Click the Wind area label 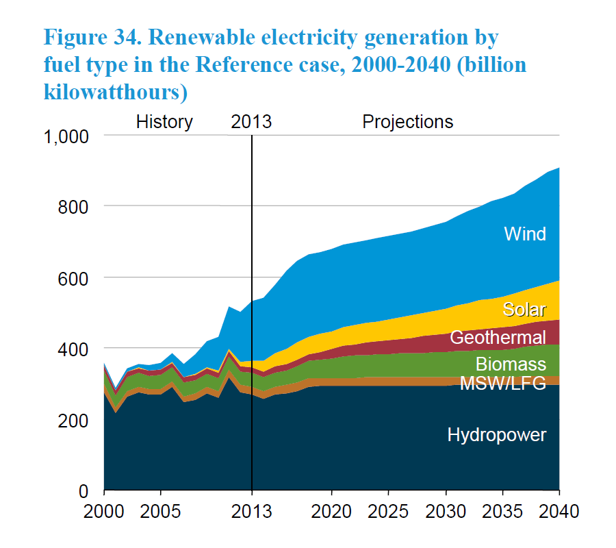point(525,234)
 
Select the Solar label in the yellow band point(524,309)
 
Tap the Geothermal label point(498,337)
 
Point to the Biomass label point(511,363)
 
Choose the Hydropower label point(497,434)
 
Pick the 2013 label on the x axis point(252,511)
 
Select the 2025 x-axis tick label point(389,511)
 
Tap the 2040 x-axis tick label point(559,511)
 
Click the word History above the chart point(164,122)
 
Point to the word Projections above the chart point(407,122)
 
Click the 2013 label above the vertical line point(251,122)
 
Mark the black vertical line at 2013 point(252,308)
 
